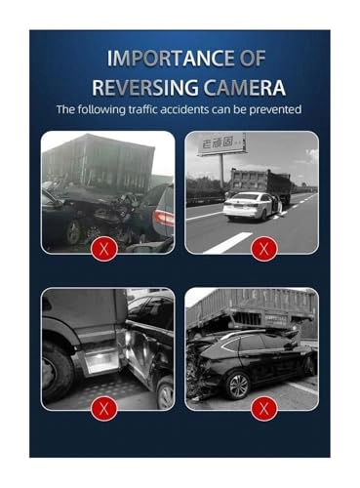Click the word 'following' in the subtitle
98,109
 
